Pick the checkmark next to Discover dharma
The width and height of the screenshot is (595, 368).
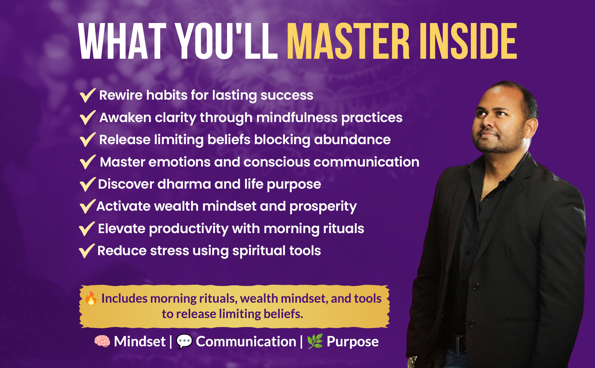point(87,184)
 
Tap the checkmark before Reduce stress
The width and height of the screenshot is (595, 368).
point(87,251)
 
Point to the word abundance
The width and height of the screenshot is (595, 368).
point(352,140)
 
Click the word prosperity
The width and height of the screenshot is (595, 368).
point(323,207)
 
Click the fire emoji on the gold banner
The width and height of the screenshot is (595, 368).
point(91,298)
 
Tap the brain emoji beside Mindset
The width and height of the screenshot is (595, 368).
point(102,341)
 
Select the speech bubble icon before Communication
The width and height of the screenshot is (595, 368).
point(184,341)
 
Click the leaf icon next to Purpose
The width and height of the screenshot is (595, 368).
point(315,341)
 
